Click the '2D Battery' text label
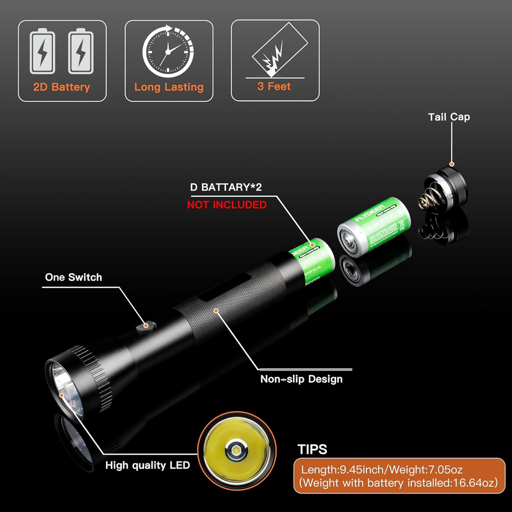pos(62,87)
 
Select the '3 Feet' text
pos(274,86)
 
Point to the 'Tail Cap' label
pos(449,117)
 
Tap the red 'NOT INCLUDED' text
pos(227,205)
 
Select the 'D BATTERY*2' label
pos(226,188)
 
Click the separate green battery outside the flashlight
pos(372,226)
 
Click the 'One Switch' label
pos(73,277)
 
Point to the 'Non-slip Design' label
pos(301,379)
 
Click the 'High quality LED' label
pos(147,465)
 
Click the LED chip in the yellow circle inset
pos(236,452)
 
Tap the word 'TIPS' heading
pos(312,449)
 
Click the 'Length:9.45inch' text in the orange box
pos(342,470)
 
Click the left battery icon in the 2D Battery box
pos(42,51)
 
